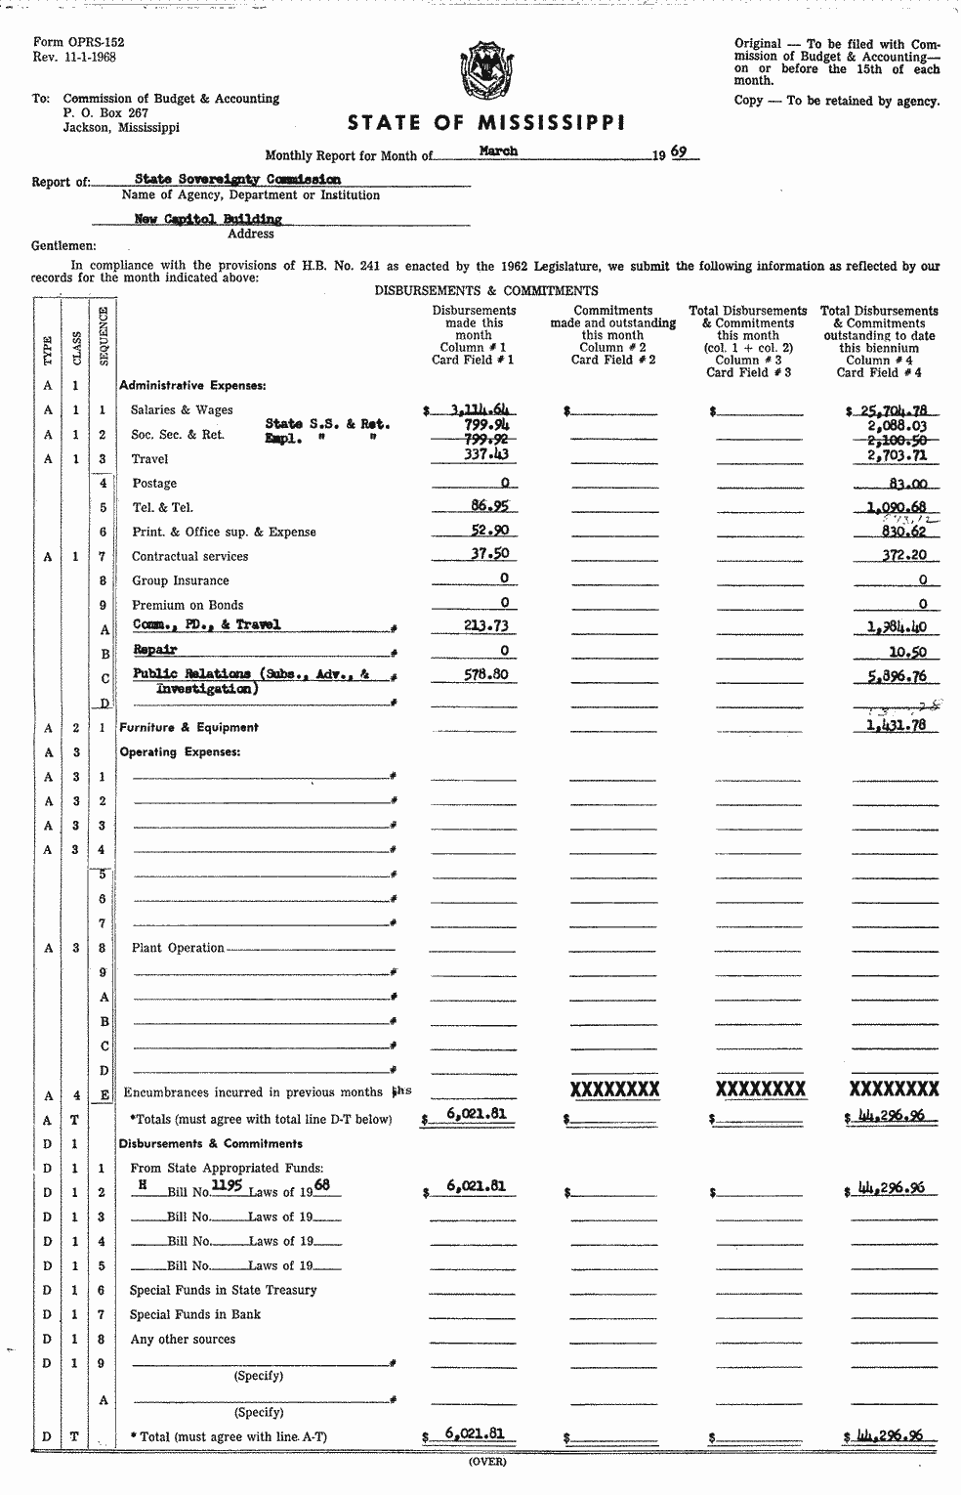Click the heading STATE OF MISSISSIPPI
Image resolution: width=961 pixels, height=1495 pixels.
click(486, 123)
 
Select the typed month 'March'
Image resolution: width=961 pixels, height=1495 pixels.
click(498, 151)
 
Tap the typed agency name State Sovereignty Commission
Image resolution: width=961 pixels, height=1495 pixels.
click(237, 180)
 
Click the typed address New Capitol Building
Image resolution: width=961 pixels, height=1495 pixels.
click(208, 220)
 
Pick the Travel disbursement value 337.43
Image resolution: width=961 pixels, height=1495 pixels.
click(485, 453)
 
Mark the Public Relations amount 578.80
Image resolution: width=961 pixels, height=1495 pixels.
click(487, 674)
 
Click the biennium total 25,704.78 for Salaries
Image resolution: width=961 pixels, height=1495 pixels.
click(891, 410)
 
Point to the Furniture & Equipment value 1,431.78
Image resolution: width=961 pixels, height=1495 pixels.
click(896, 725)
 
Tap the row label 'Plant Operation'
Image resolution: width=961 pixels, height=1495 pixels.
click(178, 948)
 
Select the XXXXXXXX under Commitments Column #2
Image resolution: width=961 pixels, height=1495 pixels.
click(614, 1089)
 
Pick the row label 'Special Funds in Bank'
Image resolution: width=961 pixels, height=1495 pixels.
click(195, 1314)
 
